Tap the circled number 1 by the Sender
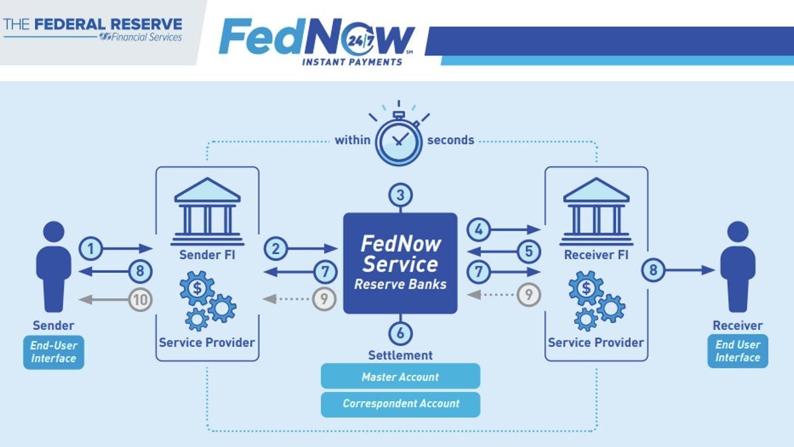(x=92, y=248)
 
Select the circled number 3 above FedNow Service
(x=400, y=195)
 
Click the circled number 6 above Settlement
(x=400, y=332)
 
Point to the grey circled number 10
(x=140, y=300)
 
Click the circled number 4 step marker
(x=480, y=230)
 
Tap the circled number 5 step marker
(x=528, y=251)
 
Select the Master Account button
(x=400, y=377)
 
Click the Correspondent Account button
(x=400, y=403)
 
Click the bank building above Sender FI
(x=206, y=206)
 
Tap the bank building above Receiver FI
(x=595, y=206)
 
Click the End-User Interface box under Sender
(x=54, y=352)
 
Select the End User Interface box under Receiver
(x=738, y=351)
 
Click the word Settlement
(x=400, y=355)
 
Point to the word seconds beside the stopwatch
(x=451, y=140)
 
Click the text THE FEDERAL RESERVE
(x=93, y=25)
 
